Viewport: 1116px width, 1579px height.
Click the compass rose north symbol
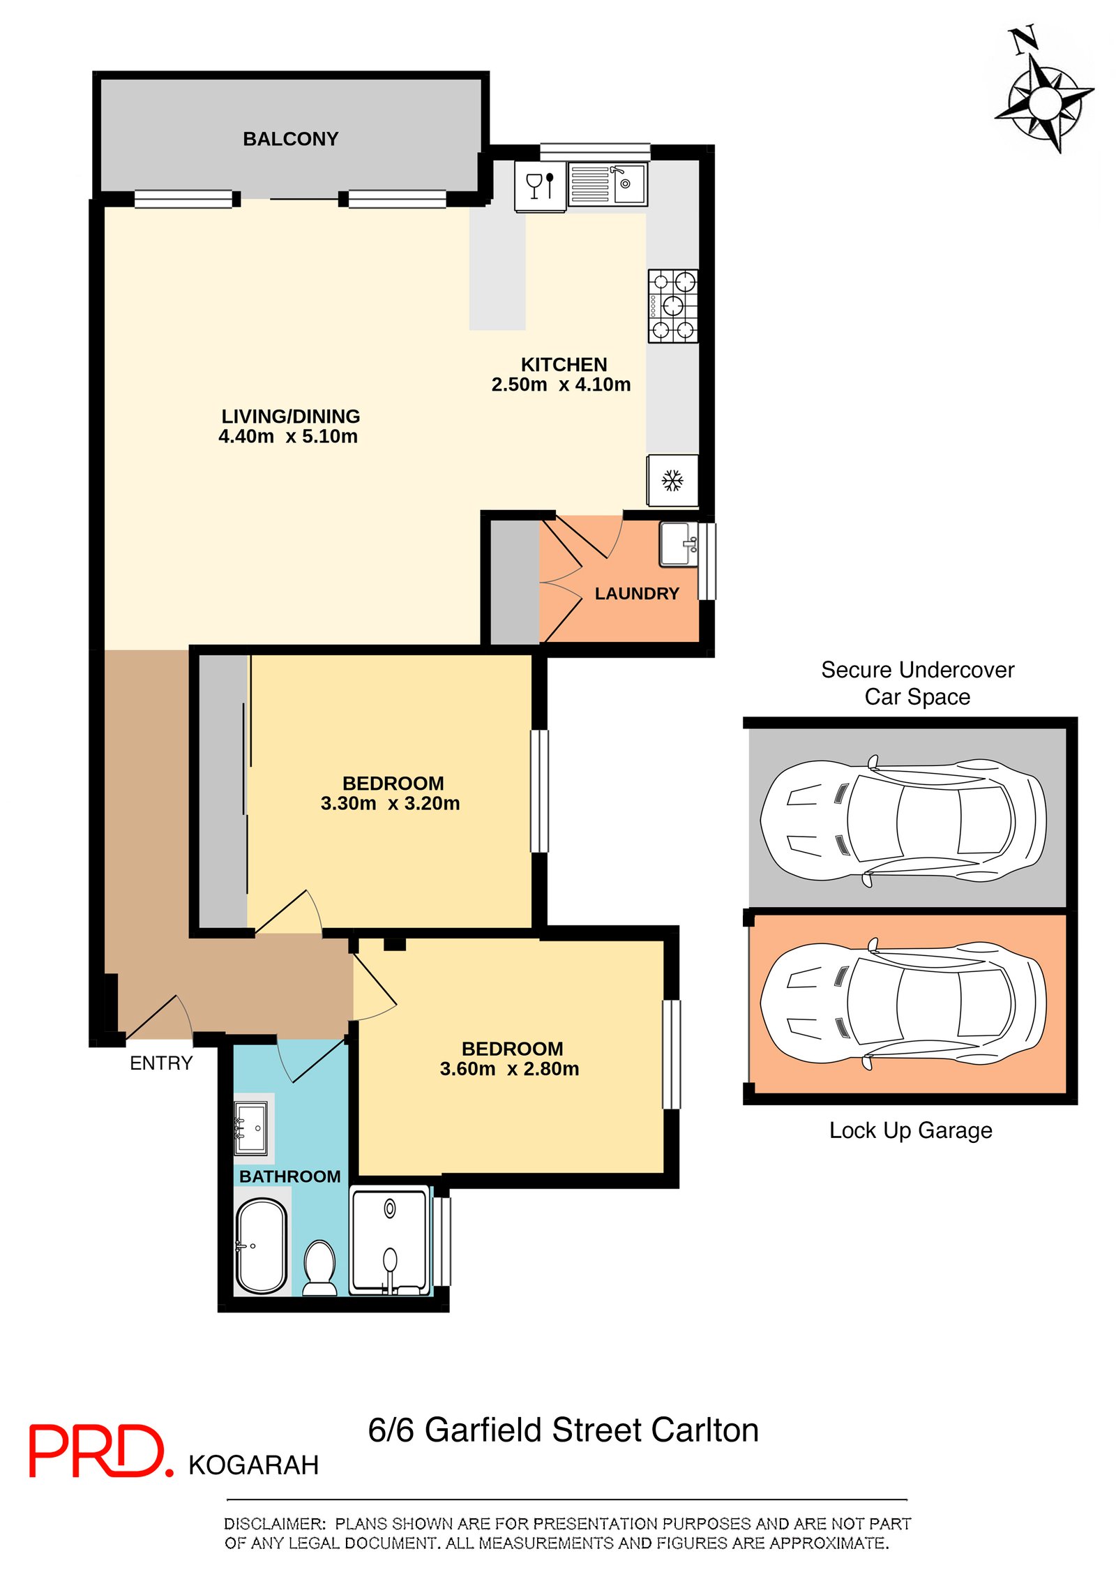coord(1043,91)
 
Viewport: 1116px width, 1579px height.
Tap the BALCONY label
coord(290,139)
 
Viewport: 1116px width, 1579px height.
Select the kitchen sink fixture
coord(608,184)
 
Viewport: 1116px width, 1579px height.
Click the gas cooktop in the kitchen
coord(673,306)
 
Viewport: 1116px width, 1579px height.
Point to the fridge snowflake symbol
coord(672,480)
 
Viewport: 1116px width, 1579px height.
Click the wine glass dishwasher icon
coord(540,186)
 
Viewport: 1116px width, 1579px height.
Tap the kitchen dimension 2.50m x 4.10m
coord(561,384)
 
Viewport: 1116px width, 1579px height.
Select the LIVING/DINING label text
coord(291,417)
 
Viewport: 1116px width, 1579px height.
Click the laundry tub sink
coord(679,544)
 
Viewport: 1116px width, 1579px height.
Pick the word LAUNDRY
coord(637,594)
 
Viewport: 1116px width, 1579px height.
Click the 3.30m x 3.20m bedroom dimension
coord(391,803)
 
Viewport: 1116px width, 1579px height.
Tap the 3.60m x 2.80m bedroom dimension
coord(509,1068)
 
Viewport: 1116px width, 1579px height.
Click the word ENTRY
coord(161,1063)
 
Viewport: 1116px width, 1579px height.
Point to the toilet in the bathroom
coord(320,1268)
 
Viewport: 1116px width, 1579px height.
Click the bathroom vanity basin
coord(250,1128)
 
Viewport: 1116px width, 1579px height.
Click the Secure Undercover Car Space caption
coord(917,683)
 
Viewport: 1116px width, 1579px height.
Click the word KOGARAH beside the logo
coord(254,1465)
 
